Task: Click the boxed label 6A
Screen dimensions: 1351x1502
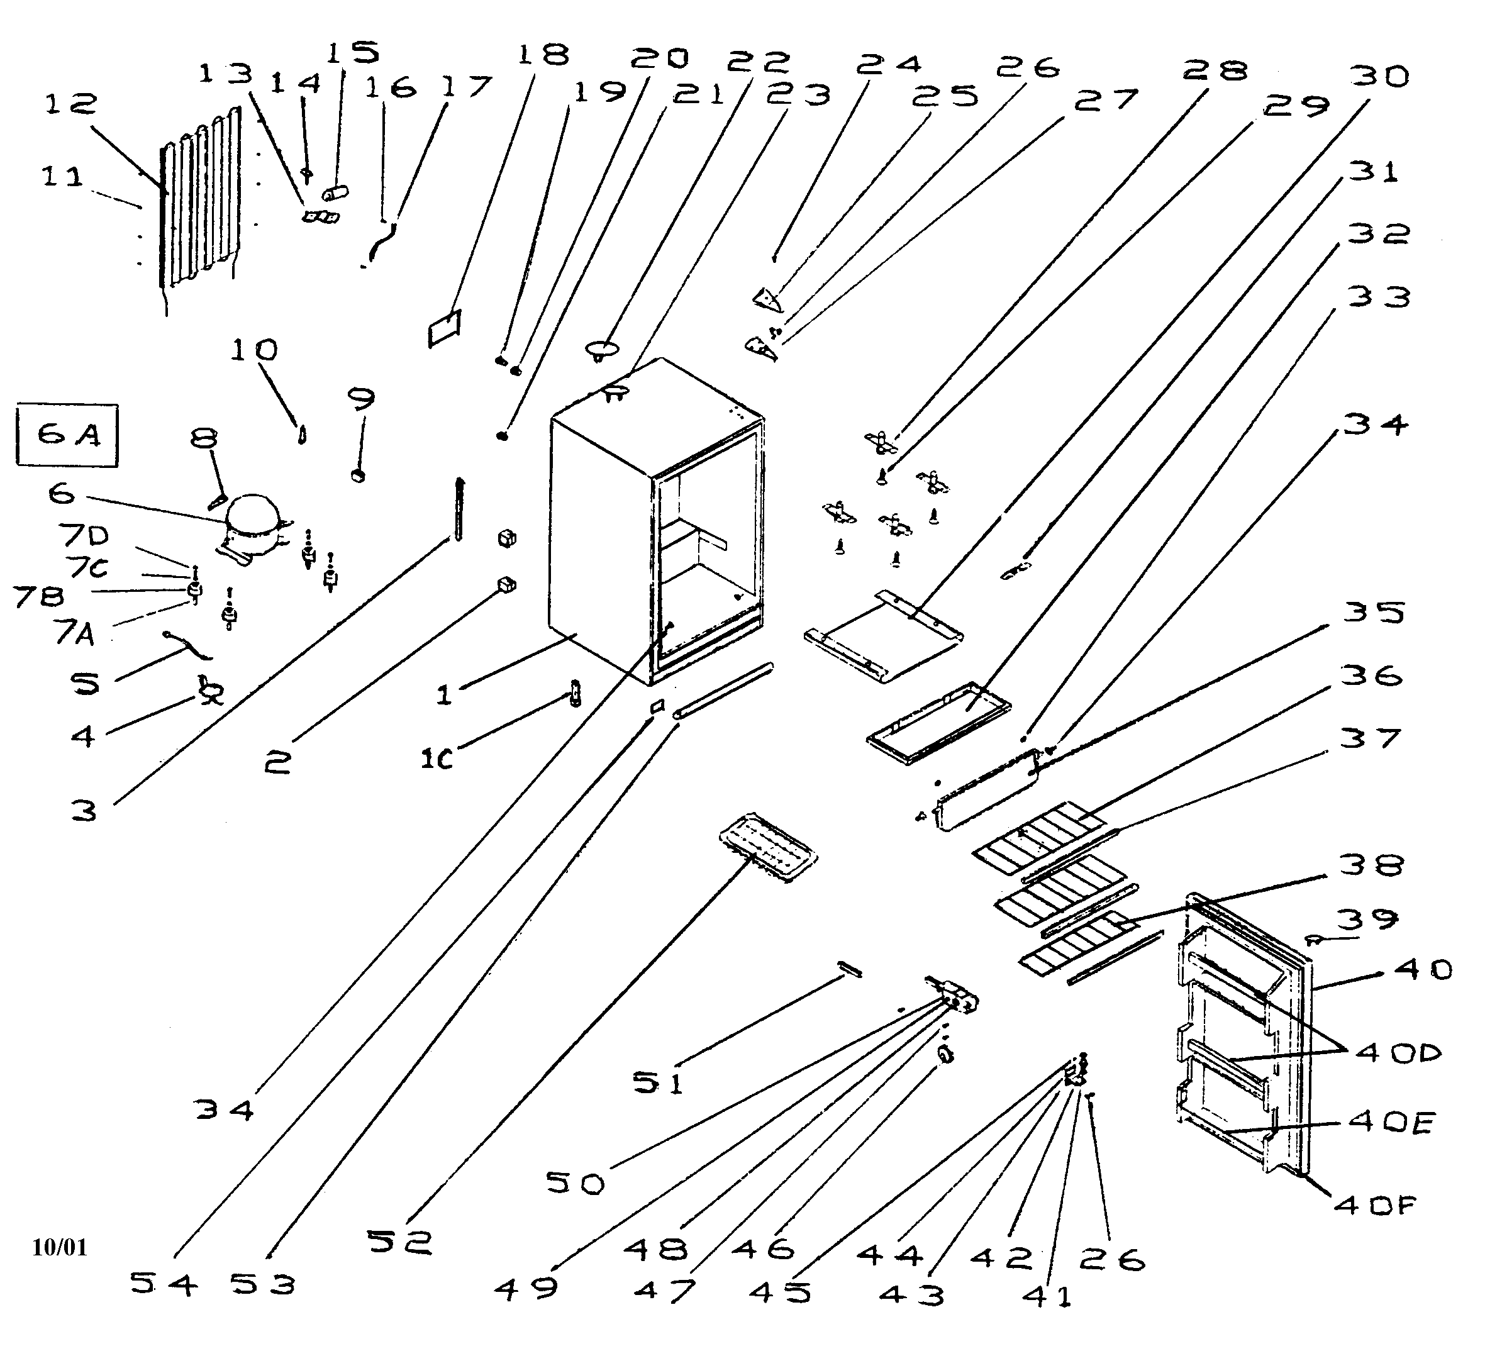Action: click(67, 435)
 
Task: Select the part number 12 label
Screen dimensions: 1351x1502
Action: click(70, 103)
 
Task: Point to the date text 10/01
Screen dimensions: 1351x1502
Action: click(59, 1248)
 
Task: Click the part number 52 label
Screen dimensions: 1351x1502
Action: click(400, 1241)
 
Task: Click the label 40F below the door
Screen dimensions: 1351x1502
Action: click(1375, 1206)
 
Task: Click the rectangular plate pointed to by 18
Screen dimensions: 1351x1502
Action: click(444, 328)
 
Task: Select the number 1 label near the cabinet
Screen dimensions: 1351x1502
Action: click(443, 696)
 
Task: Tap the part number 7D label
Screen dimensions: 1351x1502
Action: click(84, 535)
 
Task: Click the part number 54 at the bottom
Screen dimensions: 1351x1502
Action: click(164, 1284)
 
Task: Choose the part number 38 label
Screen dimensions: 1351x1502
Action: click(1371, 865)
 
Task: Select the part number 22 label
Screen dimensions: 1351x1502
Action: click(758, 61)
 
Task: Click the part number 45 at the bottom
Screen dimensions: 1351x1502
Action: click(779, 1293)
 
